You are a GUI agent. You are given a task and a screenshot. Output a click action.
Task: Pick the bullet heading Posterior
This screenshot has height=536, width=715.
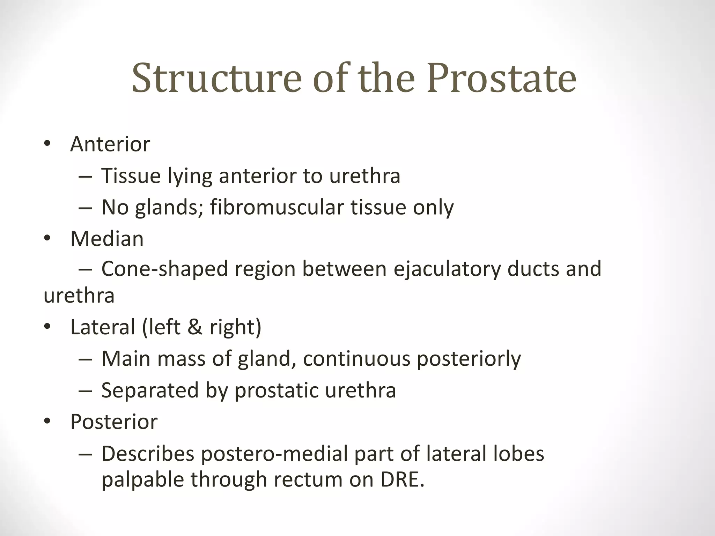click(x=114, y=422)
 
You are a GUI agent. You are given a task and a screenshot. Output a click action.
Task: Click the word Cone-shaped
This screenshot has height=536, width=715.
click(x=164, y=269)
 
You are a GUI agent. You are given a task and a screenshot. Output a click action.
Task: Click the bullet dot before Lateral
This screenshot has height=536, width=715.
click(x=47, y=327)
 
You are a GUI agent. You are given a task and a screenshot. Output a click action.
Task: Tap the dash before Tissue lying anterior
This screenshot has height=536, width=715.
click(x=86, y=176)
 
